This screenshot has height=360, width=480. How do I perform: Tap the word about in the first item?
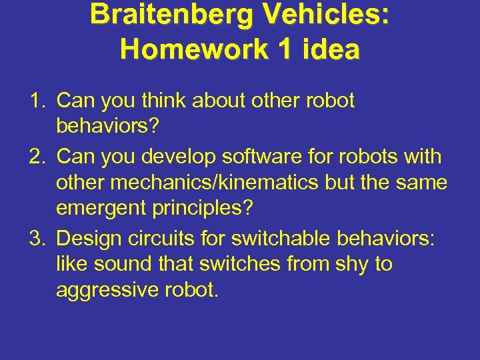click(221, 101)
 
